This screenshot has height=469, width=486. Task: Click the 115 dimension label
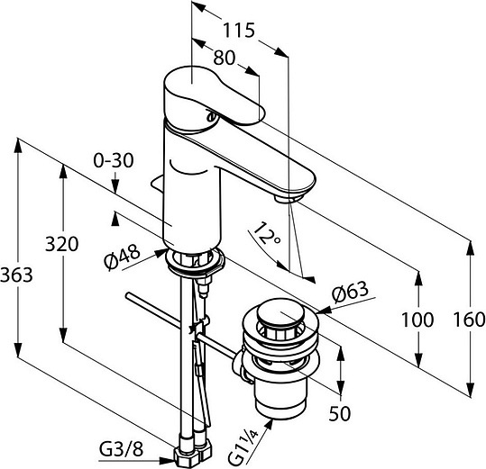click(x=239, y=31)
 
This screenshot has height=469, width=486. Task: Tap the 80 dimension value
click(x=225, y=58)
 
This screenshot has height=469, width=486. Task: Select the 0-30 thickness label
click(x=114, y=160)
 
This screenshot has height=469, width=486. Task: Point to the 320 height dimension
click(x=61, y=244)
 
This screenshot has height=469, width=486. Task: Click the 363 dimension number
click(x=16, y=275)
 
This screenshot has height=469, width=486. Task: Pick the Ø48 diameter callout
click(x=122, y=257)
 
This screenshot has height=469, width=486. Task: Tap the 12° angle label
click(x=266, y=234)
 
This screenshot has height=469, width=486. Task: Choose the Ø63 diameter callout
click(x=350, y=291)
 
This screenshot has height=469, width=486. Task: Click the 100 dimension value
click(x=417, y=320)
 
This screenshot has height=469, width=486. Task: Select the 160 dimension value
click(x=469, y=320)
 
